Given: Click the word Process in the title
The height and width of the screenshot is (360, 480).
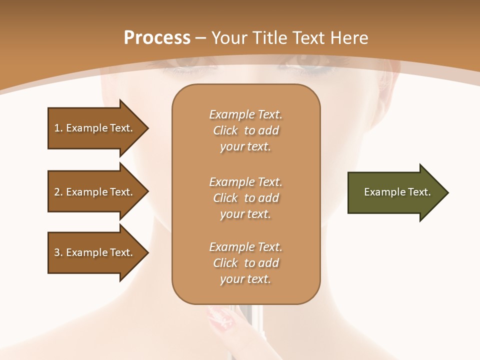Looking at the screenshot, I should coord(157,38).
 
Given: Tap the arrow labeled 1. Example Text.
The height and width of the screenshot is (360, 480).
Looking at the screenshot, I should coord(95,128).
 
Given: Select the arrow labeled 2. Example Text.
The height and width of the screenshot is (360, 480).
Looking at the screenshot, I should coord(95,192).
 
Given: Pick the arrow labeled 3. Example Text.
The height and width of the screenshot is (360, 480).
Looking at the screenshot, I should coord(95,252).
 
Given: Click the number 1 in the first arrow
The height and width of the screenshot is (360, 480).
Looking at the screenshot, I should coord(57,128).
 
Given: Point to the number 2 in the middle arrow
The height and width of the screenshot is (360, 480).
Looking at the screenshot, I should coord(57,192).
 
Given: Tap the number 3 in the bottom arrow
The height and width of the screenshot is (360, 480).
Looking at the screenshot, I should coord(57,252).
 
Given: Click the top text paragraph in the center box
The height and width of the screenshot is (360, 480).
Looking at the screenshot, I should coord(245,130).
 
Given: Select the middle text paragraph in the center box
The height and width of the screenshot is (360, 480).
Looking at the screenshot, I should coord(245,198).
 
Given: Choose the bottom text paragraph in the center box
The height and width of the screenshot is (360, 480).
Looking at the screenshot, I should coord(245,263).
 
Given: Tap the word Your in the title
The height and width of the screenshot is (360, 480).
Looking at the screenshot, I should coord(229,38).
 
